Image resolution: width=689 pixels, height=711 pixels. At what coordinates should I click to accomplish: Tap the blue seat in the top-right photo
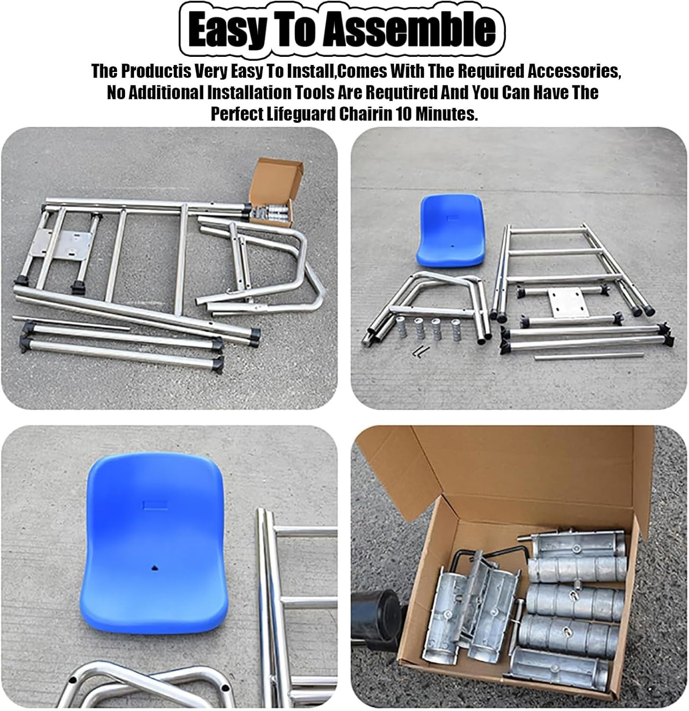[x=451, y=230]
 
